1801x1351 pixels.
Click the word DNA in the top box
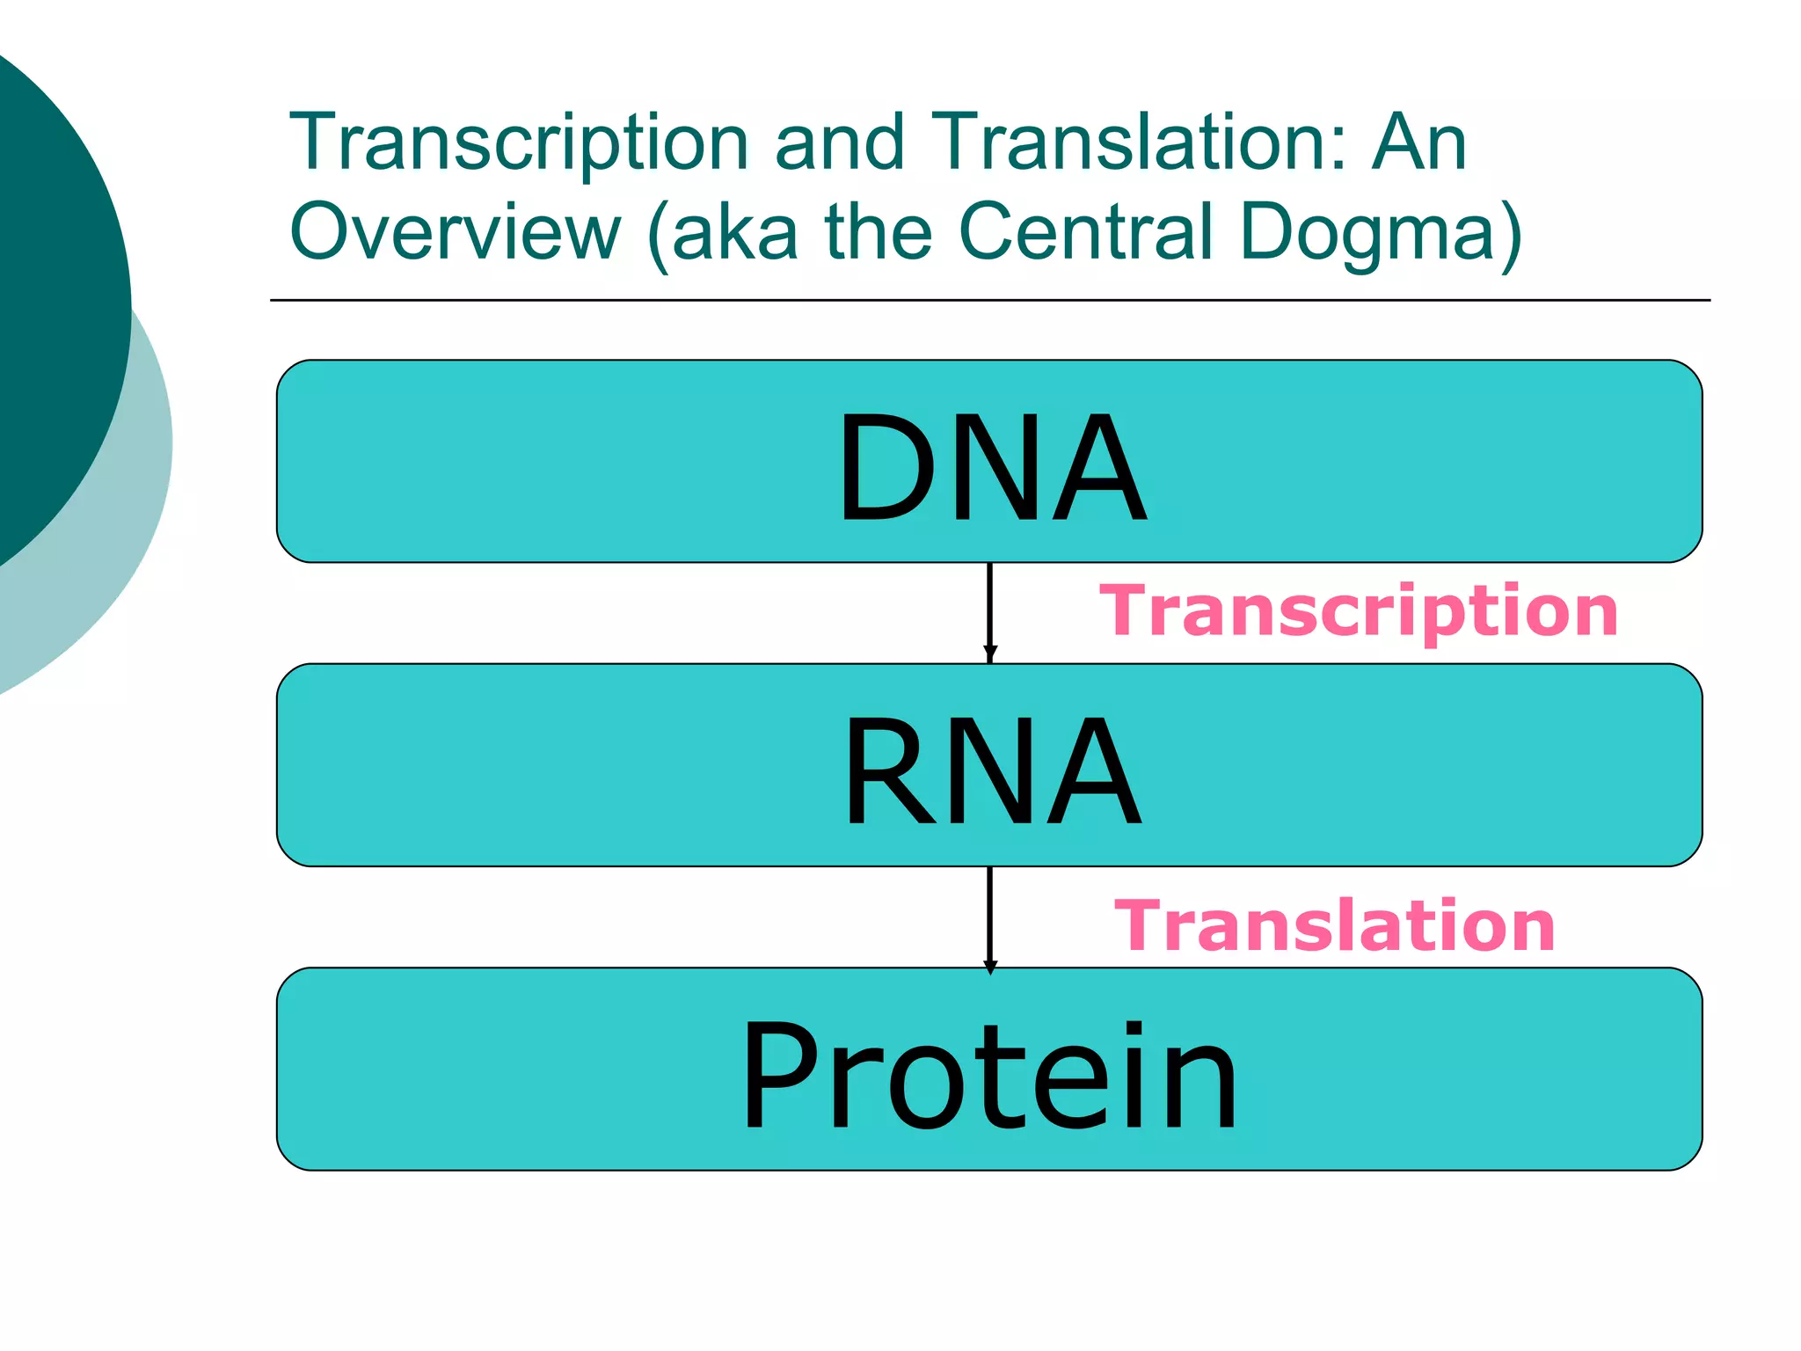click(991, 467)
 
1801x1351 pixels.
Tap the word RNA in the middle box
click(991, 771)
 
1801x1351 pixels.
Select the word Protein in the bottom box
click(988, 1075)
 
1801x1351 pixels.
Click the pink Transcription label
click(1358, 611)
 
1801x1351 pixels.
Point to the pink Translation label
click(1334, 925)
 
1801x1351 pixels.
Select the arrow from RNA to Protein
click(989, 917)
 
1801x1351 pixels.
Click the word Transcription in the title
click(519, 142)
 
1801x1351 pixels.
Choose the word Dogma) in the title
click(1381, 233)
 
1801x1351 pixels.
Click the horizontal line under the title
click(989, 300)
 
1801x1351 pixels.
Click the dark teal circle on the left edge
click(44, 290)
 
